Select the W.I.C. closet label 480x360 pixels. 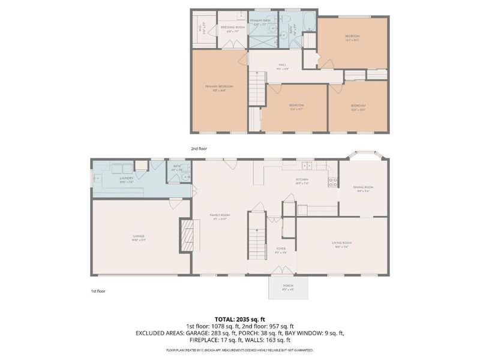(200, 26)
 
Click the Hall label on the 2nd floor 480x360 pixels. (281, 67)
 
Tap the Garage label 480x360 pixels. (139, 238)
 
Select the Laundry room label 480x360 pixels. (126, 179)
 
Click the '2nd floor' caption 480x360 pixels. (199, 147)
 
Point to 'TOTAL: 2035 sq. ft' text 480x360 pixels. (240, 319)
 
